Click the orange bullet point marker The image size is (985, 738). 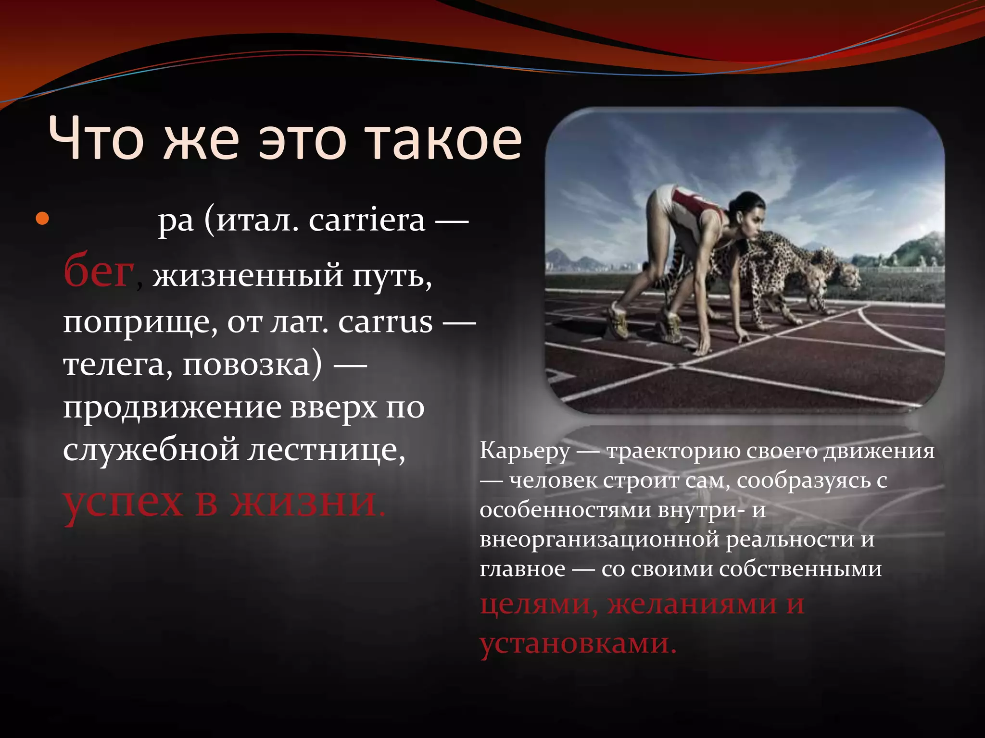(42, 219)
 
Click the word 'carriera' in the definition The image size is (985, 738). (367, 221)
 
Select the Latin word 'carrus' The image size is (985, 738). (385, 322)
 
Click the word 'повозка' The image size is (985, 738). (251, 365)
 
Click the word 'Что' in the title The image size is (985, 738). (96, 139)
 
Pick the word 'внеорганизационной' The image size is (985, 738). (599, 540)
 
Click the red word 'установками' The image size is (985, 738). (577, 643)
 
